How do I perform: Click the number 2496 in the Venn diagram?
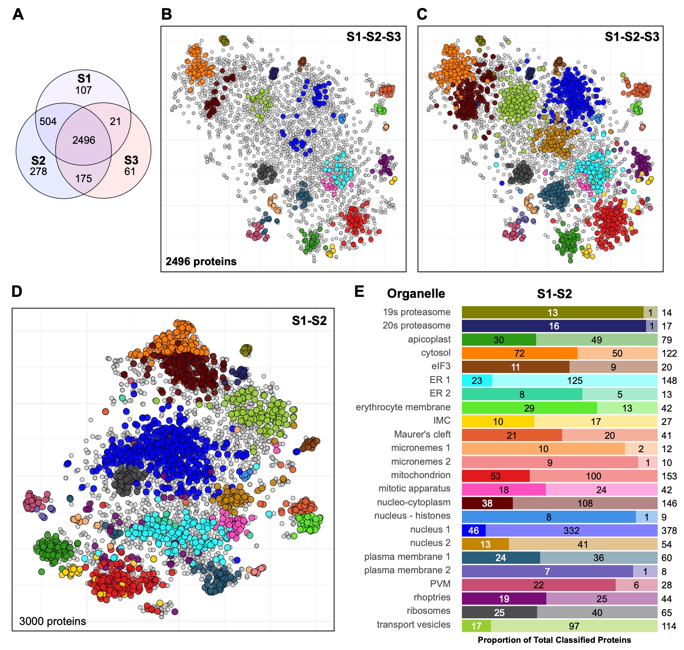84,140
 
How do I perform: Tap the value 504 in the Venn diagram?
48,121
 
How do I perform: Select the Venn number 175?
83,179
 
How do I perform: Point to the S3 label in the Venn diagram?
131,160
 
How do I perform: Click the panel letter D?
17,292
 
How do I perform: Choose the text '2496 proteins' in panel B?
201,261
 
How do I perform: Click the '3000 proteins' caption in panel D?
53,621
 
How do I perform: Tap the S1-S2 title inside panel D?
309,321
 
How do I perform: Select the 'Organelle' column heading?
416,293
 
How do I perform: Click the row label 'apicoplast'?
429,339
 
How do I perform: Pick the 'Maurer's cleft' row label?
422,434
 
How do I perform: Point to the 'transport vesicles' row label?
413,625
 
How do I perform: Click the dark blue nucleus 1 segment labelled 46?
474,530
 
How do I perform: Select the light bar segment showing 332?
571,530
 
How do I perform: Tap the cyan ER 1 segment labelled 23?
477,381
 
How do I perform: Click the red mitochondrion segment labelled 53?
495,476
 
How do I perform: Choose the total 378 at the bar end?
669,531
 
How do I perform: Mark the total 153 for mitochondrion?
669,476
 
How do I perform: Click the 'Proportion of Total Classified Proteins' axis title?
554,640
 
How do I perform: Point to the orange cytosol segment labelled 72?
519,354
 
